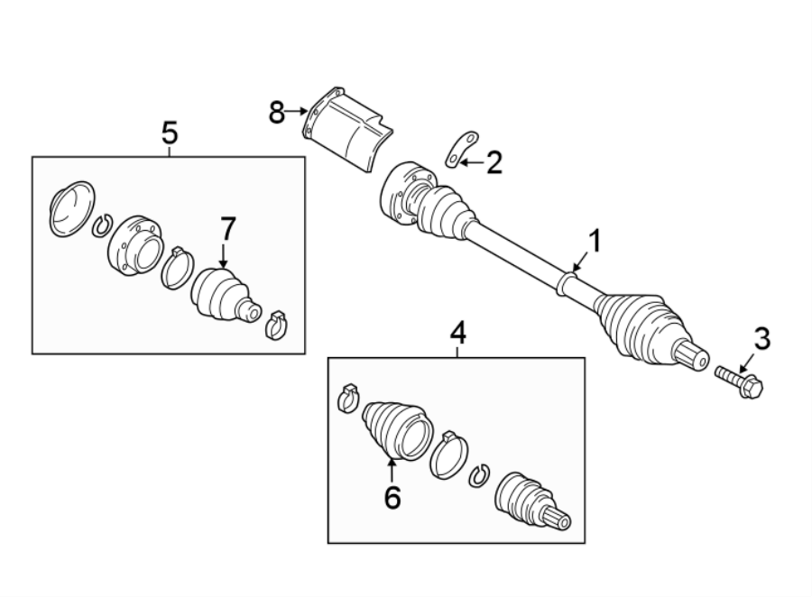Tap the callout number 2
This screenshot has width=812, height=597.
click(x=494, y=162)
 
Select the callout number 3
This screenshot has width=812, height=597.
click(x=762, y=339)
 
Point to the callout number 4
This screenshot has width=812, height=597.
click(x=457, y=334)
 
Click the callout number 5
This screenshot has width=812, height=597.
click(x=169, y=133)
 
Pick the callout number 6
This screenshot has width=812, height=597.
click(x=392, y=496)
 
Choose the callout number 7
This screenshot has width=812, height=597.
click(x=226, y=229)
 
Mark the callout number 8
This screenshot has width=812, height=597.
click(x=276, y=112)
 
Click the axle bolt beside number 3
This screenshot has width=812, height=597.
click(x=739, y=381)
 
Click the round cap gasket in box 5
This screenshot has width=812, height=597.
click(x=71, y=208)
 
